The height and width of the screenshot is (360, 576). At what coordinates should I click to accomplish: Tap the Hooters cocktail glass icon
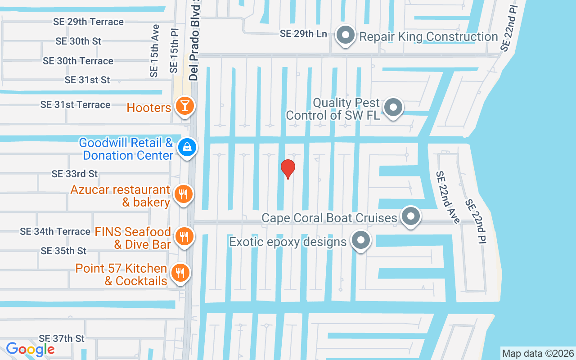click(x=184, y=107)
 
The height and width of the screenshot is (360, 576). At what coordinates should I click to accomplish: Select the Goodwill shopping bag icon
click(x=186, y=147)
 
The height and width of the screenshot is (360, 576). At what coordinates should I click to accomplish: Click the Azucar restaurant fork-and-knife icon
click(x=183, y=194)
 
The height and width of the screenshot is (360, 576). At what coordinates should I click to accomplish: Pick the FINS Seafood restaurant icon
click(x=184, y=236)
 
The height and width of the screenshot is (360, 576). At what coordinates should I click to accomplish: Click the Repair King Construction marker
click(x=346, y=36)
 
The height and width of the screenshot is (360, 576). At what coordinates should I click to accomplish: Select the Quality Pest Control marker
click(x=394, y=108)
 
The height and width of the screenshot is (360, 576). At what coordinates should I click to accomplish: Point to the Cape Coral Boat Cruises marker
click(x=410, y=217)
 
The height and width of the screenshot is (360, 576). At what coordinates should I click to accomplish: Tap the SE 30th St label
click(x=78, y=41)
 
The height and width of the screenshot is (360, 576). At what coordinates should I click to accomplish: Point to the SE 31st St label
click(x=87, y=80)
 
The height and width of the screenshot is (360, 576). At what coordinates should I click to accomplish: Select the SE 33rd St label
click(x=75, y=174)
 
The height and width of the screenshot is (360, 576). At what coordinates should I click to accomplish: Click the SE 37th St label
click(x=62, y=338)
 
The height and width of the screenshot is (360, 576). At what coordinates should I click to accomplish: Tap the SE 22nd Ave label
click(x=448, y=197)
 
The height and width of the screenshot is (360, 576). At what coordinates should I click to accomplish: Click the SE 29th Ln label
click(x=303, y=34)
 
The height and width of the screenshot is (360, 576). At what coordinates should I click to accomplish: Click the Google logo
click(x=30, y=349)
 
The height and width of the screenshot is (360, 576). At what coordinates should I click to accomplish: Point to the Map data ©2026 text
click(x=538, y=353)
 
